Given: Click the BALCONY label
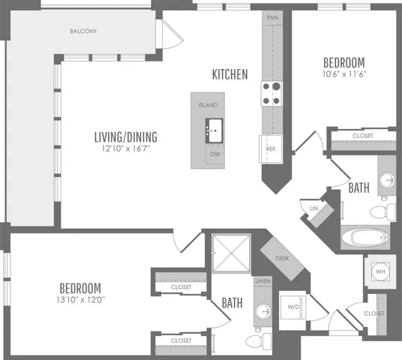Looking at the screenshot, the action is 83,31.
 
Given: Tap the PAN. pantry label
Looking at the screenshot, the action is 272,18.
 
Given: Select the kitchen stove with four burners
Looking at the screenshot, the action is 271,94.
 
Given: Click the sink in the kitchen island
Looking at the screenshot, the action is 214,130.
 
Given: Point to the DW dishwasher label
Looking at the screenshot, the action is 215,154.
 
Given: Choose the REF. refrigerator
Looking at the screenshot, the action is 271,149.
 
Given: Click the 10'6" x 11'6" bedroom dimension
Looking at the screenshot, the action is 344,74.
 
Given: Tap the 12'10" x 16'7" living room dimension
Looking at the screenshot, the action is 126,148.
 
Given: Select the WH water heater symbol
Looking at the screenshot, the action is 380,271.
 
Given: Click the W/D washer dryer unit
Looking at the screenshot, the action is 293,307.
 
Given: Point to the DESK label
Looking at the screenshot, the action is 282,259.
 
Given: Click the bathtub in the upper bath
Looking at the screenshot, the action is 366,237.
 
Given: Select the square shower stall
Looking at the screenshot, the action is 231,253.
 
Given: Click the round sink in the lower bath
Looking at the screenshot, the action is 263,311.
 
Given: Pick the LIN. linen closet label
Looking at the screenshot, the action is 314,208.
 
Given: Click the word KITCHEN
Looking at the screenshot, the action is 230,74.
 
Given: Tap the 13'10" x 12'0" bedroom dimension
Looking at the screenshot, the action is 81,300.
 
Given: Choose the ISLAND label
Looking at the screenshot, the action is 208,105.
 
